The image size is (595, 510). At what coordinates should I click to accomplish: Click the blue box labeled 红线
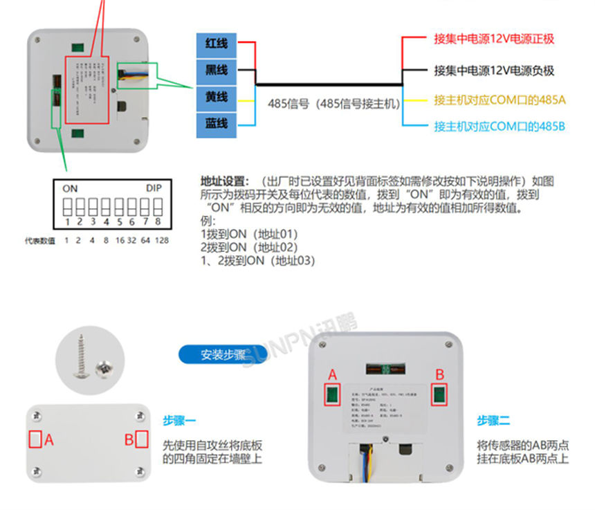click(x=217, y=43)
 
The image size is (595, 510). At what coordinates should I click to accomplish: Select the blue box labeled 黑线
click(x=217, y=70)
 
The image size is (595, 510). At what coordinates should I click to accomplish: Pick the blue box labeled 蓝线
click(x=217, y=125)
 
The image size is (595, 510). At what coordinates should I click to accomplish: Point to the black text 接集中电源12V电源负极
click(x=494, y=70)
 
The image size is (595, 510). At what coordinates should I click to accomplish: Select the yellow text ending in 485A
click(x=500, y=100)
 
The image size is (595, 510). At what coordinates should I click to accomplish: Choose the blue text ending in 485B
click(x=500, y=127)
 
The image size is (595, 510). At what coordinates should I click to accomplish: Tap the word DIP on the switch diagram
click(x=153, y=188)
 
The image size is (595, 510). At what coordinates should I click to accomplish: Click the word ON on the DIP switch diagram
click(x=70, y=188)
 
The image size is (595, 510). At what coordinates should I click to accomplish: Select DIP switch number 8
click(x=158, y=206)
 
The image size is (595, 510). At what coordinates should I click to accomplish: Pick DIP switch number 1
click(x=68, y=206)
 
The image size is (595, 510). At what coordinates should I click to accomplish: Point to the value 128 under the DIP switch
click(x=162, y=241)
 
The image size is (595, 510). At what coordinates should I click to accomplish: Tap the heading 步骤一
click(x=179, y=420)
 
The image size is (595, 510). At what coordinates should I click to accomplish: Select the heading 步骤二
click(x=493, y=420)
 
